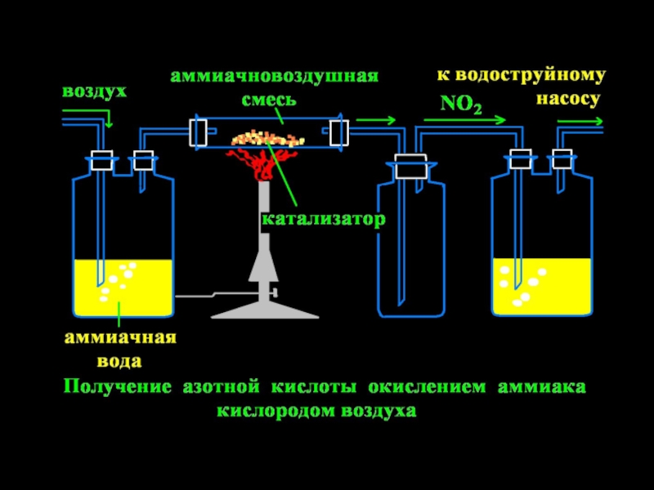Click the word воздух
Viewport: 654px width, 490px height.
pyautogui.click(x=94, y=92)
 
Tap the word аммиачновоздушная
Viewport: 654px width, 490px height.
pyautogui.click(x=275, y=76)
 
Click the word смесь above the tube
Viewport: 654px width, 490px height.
pyautogui.click(x=269, y=100)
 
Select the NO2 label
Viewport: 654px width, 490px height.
pyautogui.click(x=461, y=105)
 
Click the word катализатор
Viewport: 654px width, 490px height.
pyautogui.click(x=324, y=219)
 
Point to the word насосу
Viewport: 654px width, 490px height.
pyautogui.click(x=568, y=100)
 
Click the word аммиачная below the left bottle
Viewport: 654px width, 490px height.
pyautogui.click(x=120, y=337)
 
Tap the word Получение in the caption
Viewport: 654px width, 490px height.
pyautogui.click(x=118, y=387)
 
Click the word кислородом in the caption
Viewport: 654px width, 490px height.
pyautogui.click(x=275, y=412)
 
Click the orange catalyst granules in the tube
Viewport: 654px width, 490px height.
pyautogui.click(x=267, y=138)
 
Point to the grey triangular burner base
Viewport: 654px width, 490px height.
pyautogui.click(x=265, y=310)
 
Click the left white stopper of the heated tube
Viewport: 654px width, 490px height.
pyautogui.click(x=198, y=132)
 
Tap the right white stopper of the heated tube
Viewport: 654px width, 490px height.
pyautogui.click(x=339, y=132)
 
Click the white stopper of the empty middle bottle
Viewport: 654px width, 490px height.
pyautogui.click(x=411, y=166)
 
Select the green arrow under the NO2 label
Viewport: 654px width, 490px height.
pyautogui.click(x=465, y=120)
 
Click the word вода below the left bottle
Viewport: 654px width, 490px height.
pyautogui.click(x=119, y=361)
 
